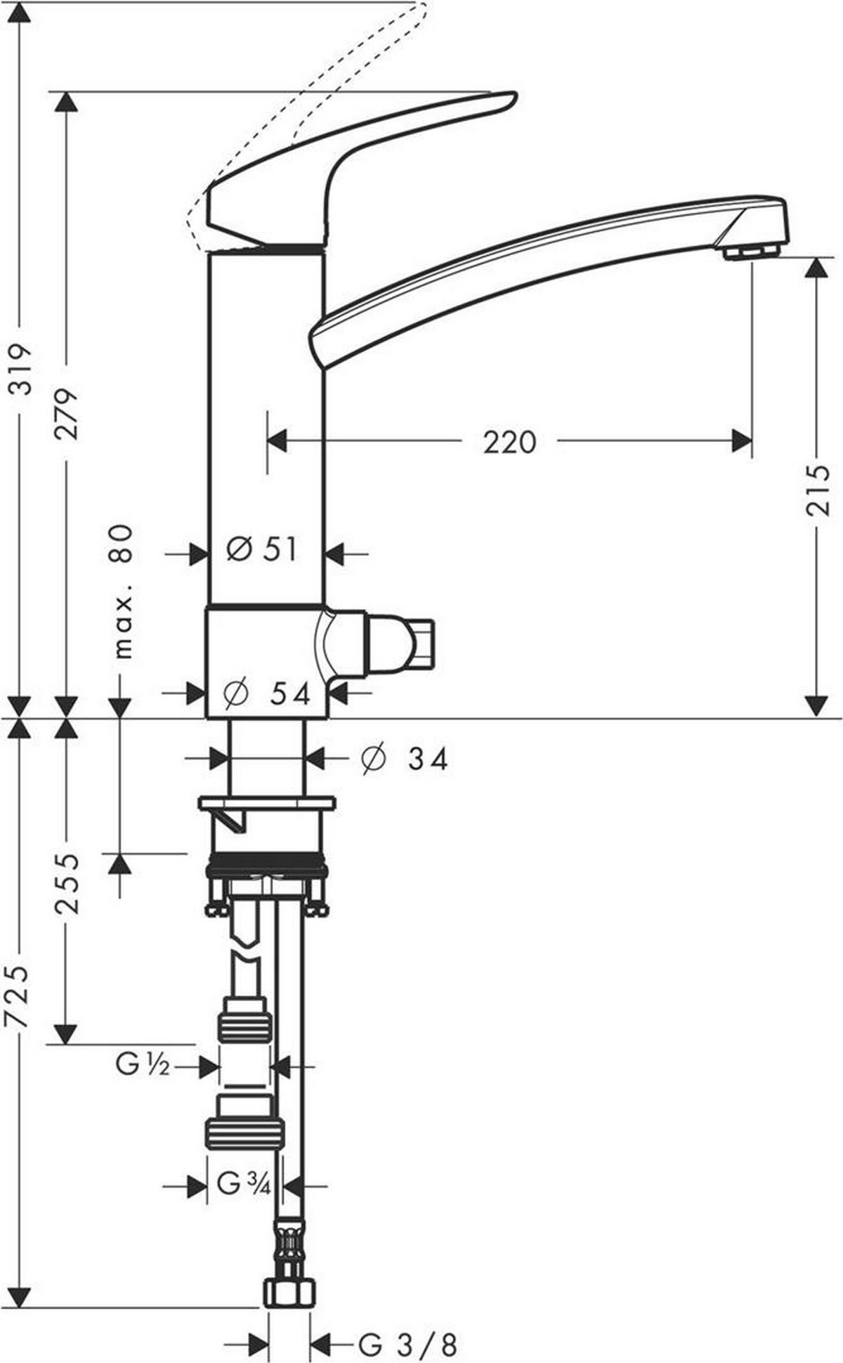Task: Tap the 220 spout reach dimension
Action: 509,442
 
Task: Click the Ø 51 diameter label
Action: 262,549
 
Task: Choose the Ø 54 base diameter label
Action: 266,693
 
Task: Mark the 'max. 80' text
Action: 122,591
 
